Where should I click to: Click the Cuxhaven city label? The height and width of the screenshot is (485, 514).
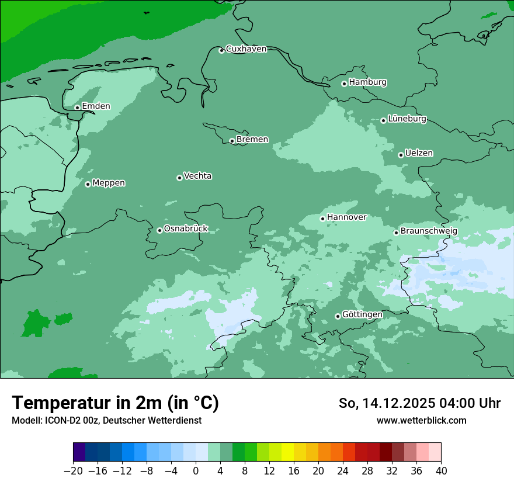(246, 49)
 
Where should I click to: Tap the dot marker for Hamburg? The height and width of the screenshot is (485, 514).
(344, 84)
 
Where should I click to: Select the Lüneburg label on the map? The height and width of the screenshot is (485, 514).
(407, 119)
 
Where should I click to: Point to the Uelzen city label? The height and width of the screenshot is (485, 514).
(419, 153)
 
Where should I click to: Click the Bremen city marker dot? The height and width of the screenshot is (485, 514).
(232, 141)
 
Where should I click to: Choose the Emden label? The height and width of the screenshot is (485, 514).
(96, 106)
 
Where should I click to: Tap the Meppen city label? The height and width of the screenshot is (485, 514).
(109, 183)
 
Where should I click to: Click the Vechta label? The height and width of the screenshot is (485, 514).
(197, 176)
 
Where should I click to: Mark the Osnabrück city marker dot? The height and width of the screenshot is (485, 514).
(159, 230)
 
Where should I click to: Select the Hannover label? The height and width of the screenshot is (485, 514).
(346, 217)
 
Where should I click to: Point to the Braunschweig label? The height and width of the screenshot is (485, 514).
(429, 231)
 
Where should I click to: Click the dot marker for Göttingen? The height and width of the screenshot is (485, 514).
(338, 316)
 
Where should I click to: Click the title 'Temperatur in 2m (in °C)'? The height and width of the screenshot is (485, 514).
(115, 403)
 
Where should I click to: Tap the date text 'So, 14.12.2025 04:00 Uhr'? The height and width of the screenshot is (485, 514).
(419, 403)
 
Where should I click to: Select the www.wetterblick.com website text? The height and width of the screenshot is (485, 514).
(421, 420)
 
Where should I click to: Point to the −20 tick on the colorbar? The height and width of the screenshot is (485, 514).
(73, 471)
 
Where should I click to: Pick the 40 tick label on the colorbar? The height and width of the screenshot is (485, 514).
(441, 471)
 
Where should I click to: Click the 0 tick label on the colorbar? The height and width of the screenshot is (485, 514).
(196, 471)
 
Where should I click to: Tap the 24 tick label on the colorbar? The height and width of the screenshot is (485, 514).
(343, 471)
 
